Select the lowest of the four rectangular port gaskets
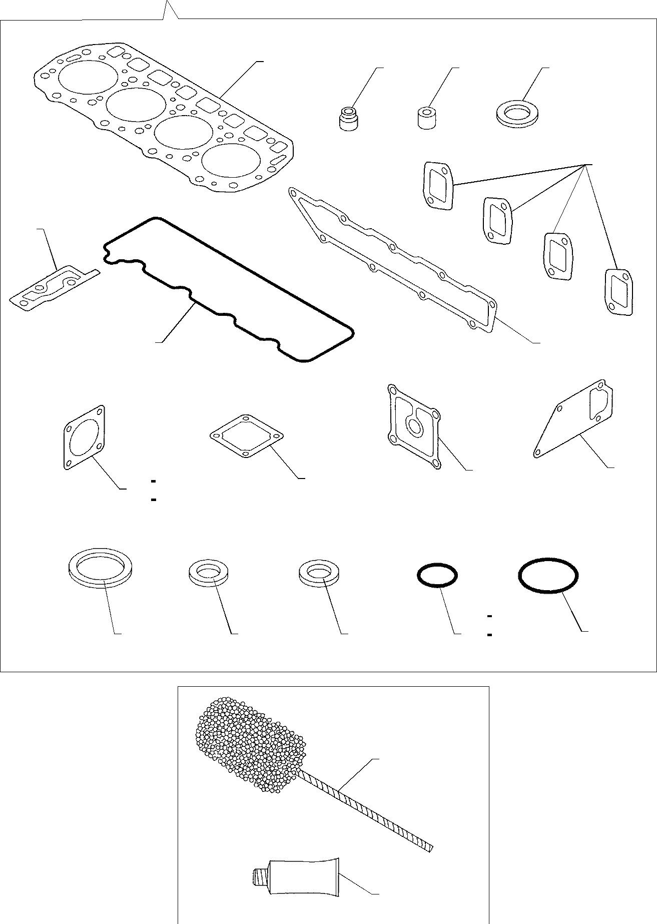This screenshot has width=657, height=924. tap(619, 292)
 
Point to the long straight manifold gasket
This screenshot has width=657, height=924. tap(393, 261)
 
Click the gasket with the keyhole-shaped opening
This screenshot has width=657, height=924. tap(414, 426)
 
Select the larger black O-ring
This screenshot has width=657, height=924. tap(549, 577)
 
